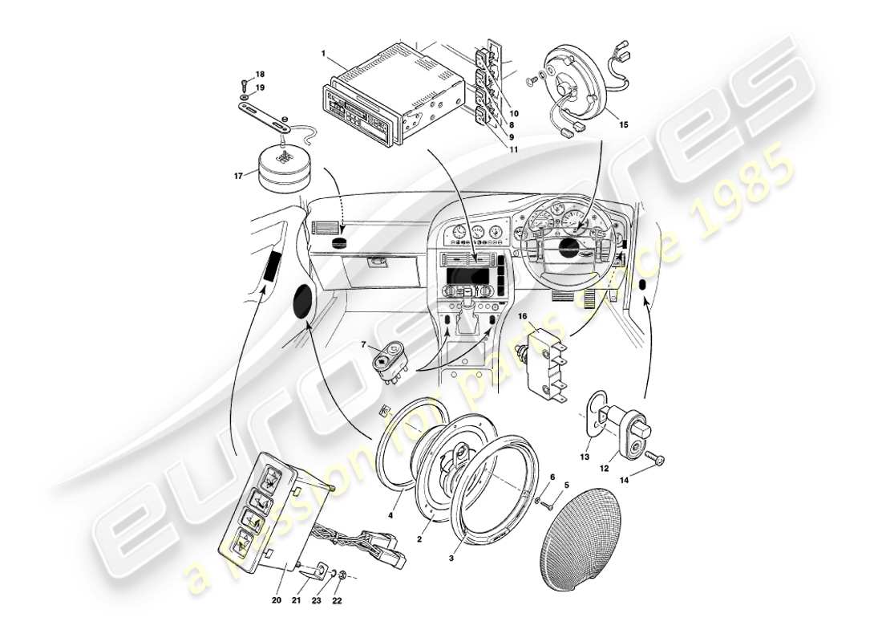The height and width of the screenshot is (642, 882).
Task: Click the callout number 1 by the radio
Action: pos(323,54)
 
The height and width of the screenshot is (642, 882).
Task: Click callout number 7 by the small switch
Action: pos(363,345)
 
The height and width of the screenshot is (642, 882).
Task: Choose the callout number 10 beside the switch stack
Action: pos(514,114)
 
